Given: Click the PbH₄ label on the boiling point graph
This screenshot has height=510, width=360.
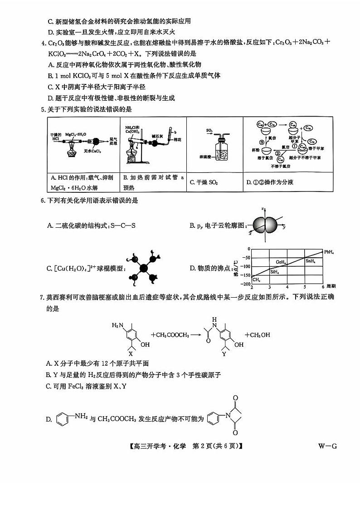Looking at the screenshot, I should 330,251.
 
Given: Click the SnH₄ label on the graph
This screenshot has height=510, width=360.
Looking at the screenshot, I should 311,261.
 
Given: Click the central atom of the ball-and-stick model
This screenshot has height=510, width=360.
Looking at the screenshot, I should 144,268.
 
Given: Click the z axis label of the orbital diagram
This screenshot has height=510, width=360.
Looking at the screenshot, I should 263,208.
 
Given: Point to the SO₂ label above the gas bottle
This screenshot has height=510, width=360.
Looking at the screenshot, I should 209,131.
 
